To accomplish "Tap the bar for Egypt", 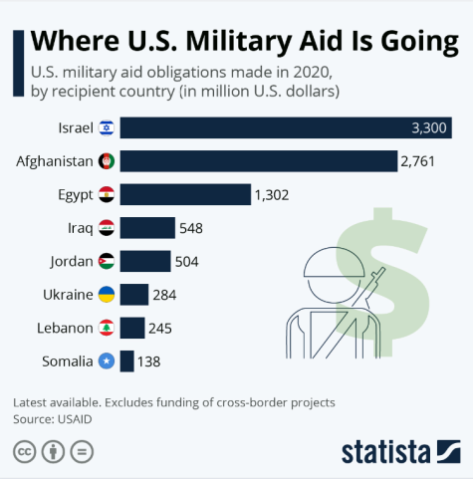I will pyautogui.click(x=184, y=194).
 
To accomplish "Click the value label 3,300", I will pyautogui.click(x=430, y=127).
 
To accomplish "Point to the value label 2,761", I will pyautogui.click(x=418, y=160).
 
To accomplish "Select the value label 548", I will pyautogui.click(x=191, y=228).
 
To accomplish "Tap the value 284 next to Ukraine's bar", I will pyautogui.click(x=165, y=295).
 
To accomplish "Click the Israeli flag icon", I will pyautogui.click(x=106, y=127).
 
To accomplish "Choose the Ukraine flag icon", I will pyautogui.click(x=106, y=295).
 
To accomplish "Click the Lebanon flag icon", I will pyautogui.click(x=106, y=328).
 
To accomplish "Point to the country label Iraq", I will pyautogui.click(x=80, y=228).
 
